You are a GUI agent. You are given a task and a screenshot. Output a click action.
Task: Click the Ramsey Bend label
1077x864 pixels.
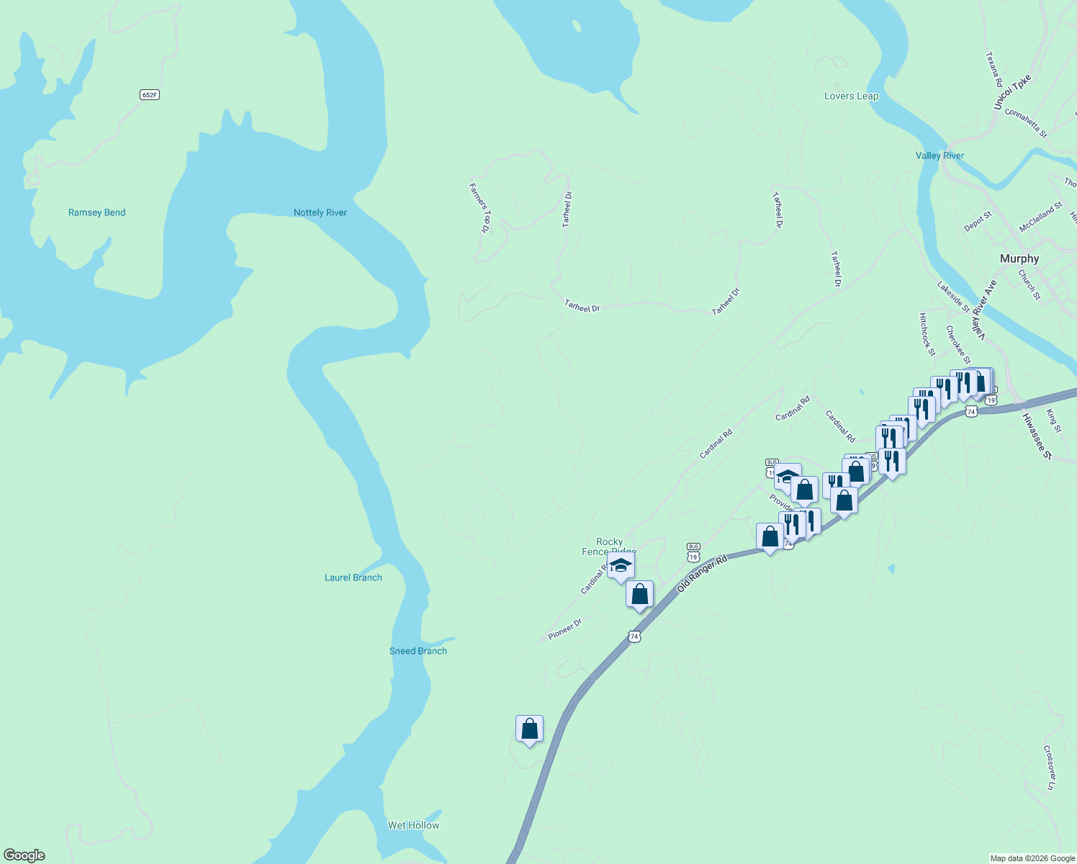[x=96, y=212]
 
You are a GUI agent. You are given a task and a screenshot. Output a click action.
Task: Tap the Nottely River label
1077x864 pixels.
[x=320, y=212]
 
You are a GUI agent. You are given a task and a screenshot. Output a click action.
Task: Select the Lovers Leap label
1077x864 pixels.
[x=851, y=96]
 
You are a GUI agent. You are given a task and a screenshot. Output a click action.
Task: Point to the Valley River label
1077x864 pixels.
[x=939, y=156]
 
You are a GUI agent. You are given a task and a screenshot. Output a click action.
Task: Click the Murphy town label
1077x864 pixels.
[x=1019, y=258]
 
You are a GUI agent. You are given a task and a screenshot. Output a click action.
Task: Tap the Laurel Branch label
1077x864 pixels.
[x=353, y=577]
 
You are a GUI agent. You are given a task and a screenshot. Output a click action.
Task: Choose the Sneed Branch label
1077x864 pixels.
[x=418, y=651]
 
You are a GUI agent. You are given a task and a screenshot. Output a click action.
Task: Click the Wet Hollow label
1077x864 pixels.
[x=413, y=825]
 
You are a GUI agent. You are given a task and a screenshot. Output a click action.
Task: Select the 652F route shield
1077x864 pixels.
[x=149, y=94]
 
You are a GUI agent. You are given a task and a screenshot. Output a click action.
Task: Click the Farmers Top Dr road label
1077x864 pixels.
[x=479, y=208]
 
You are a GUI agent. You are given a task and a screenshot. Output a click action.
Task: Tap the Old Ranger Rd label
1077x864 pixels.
[x=703, y=574]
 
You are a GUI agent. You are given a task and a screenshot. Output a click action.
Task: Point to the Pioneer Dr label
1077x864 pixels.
[x=564, y=629]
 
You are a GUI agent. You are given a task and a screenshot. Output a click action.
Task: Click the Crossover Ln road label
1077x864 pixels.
[x=1050, y=768]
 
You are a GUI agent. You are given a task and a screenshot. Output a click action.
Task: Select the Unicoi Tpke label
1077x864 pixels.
[x=1012, y=93]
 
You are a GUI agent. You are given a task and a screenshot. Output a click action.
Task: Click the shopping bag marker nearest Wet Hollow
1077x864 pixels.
[x=529, y=729]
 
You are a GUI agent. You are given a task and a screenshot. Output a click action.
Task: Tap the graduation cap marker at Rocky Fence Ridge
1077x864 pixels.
[x=621, y=565]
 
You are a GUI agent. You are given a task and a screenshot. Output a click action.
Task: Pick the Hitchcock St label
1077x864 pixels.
[x=927, y=334]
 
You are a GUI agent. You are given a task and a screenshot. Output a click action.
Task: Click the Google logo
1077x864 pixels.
[x=24, y=855]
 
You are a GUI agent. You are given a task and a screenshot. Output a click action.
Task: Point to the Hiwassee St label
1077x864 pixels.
[x=1037, y=435]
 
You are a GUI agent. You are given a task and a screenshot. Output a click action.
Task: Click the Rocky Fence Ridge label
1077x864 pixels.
[x=609, y=546]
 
